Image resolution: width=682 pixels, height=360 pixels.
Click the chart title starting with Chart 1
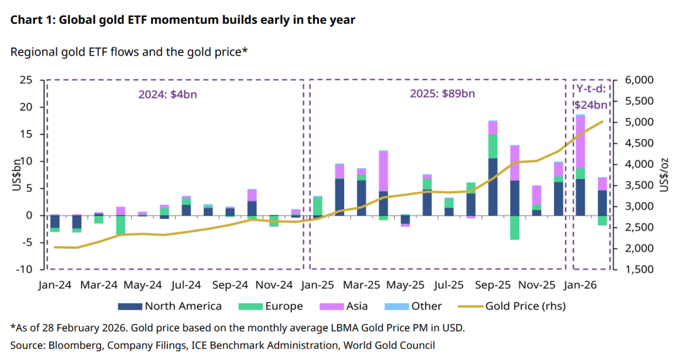coord(182,20)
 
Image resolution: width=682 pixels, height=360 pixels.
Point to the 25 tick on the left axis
coord(26,80)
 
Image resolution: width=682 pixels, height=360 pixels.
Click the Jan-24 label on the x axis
coord(55,285)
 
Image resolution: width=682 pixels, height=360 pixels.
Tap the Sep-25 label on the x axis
coord(492,285)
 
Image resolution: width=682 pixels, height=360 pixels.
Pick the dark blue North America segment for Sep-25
coord(493,187)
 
